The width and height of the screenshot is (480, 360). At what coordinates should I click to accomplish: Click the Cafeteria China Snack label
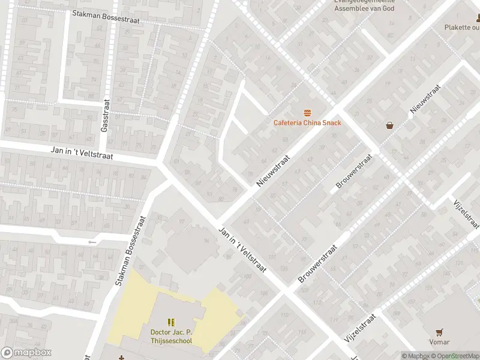pos(307,123)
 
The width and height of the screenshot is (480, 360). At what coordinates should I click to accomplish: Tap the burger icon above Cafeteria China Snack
pos(307,113)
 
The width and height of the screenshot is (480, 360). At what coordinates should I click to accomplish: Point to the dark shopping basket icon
pos(390,125)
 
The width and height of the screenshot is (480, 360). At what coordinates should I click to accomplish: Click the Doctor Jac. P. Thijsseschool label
pos(171,337)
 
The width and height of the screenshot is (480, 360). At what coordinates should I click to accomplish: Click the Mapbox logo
pos(26,353)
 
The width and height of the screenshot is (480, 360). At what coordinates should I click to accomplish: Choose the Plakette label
pos(461,27)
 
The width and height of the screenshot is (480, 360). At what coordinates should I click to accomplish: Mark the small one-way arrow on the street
pos(92,242)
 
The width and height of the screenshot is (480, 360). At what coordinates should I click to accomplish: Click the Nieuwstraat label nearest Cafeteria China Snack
pos(274,170)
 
